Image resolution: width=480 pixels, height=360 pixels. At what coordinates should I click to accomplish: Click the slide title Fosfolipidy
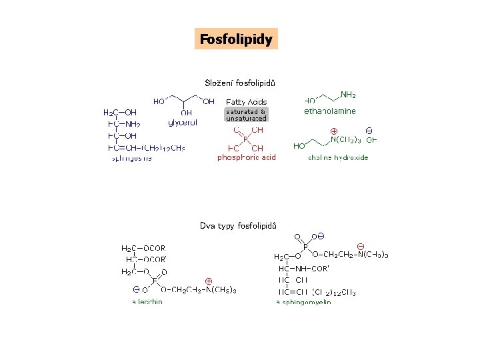pos(236,39)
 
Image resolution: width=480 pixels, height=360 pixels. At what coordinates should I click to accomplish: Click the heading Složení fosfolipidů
pos(240,83)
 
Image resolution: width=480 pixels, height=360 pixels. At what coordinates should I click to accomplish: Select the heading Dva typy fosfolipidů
pos(238,226)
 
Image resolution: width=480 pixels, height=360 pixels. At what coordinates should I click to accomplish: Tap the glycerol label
pos(183,123)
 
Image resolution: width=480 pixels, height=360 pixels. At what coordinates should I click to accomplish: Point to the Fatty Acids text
pos(246,102)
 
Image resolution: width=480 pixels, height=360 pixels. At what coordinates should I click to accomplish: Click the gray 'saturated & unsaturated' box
pos(246,115)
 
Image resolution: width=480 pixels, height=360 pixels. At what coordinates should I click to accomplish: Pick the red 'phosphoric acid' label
pos(246,157)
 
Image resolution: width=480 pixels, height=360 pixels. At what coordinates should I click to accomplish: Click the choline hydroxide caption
pos(337,158)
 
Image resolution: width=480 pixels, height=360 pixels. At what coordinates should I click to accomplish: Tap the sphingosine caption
pos(131,158)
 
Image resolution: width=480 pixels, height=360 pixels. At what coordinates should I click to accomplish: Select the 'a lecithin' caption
pos(147,301)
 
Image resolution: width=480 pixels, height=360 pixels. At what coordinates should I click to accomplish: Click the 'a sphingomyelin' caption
pos(303,302)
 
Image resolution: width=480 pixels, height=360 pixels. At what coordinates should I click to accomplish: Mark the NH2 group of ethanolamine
pos(347,95)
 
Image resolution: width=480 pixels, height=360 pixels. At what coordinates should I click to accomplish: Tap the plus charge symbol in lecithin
pos(209,281)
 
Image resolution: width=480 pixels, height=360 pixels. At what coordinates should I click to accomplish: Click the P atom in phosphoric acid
pos(245,139)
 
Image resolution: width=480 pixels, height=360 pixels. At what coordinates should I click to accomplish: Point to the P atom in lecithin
pos(155,281)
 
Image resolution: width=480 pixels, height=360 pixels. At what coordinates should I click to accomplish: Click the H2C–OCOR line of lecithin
pos(143,249)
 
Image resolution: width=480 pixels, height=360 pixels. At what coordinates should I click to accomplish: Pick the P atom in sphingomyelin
pos(305,246)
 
